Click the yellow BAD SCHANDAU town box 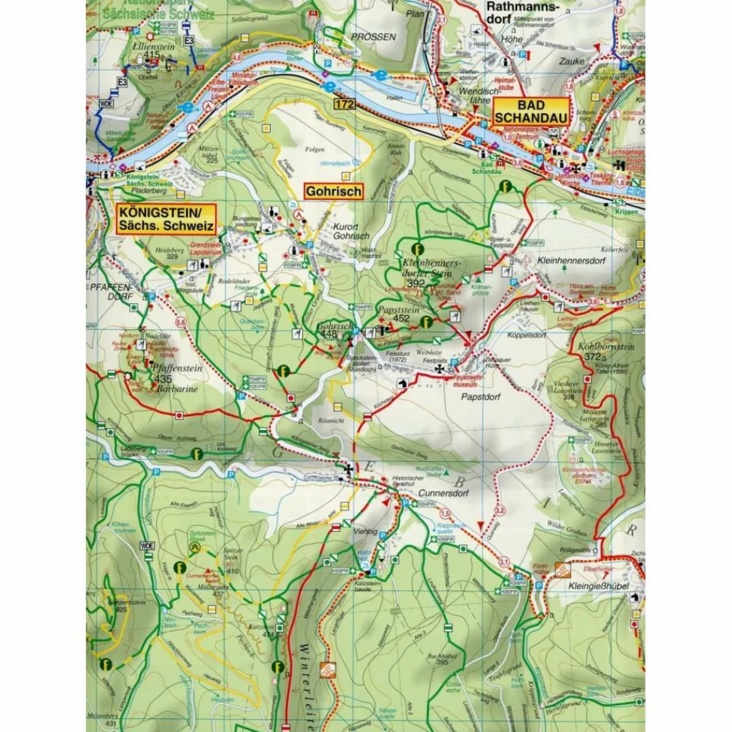pyautogui.click(x=530, y=112)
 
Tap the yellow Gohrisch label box pyautogui.click(x=333, y=192)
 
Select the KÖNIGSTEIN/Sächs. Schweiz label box pyautogui.click(x=164, y=218)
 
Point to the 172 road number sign pyautogui.click(x=342, y=105)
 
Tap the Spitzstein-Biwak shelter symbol pyautogui.click(x=194, y=547)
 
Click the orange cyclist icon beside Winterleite pyautogui.click(x=328, y=671)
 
